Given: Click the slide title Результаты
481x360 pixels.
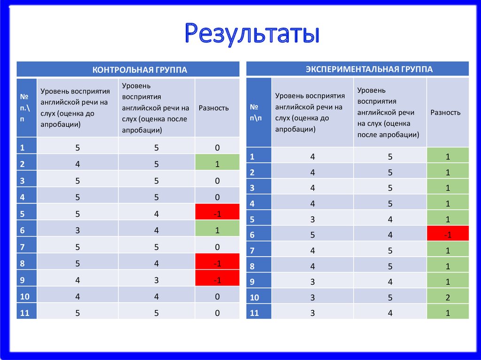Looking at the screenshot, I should pyautogui.click(x=252, y=34).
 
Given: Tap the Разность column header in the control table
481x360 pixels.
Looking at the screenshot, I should pyautogui.click(x=214, y=108).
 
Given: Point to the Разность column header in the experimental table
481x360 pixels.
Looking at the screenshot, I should pyautogui.click(x=445, y=113).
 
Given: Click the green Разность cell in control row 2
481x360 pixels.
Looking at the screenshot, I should pyautogui.click(x=217, y=164).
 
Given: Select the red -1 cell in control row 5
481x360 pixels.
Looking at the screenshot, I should pyautogui.click(x=217, y=214).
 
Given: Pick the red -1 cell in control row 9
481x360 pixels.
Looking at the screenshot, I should pyautogui.click(x=217, y=280).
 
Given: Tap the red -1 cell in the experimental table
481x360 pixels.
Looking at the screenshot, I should pyautogui.click(x=448, y=234).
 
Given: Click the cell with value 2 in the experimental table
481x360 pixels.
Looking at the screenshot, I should pyautogui.click(x=448, y=297).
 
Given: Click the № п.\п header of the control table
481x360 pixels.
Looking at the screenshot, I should pyautogui.click(x=26, y=108).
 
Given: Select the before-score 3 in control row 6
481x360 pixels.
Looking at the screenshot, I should pyautogui.click(x=78, y=230).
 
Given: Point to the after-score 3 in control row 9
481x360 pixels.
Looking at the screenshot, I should pyautogui.click(x=156, y=280).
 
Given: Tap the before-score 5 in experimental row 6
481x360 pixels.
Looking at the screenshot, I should pyautogui.click(x=312, y=234).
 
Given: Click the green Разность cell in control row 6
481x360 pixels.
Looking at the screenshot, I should pyautogui.click(x=217, y=230).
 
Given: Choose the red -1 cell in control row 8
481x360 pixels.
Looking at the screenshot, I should pyautogui.click(x=217, y=264).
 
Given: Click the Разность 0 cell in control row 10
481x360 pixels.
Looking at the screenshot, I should pyautogui.click(x=217, y=297).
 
